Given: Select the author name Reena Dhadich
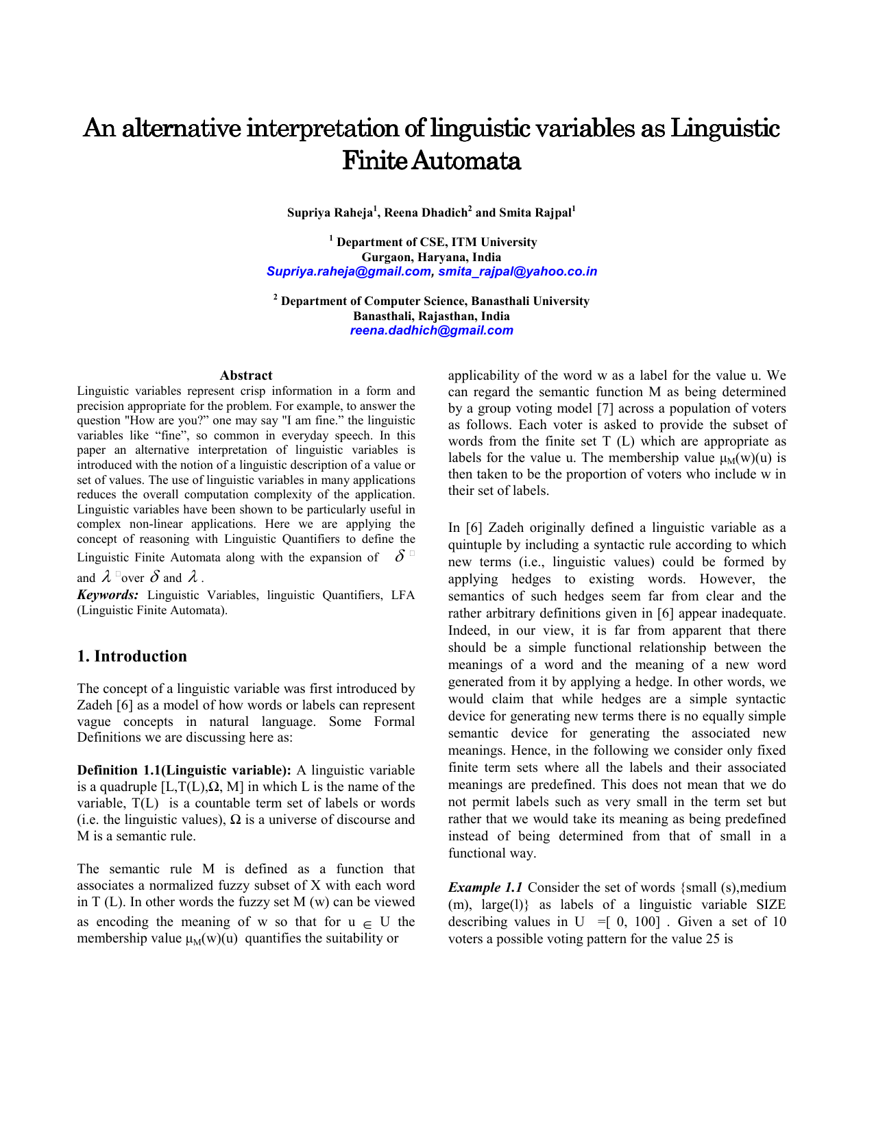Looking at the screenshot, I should [426, 212].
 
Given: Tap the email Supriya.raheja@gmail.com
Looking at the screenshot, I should [348, 271].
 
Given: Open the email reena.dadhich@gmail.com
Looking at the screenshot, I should [431, 330].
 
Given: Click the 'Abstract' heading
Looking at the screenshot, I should [246, 375].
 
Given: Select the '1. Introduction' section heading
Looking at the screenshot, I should [132, 656].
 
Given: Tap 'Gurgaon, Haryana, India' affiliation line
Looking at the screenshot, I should [431, 257].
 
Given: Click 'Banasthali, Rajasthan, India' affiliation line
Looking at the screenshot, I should [431, 316].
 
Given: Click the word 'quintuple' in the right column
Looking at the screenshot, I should [477, 545].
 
